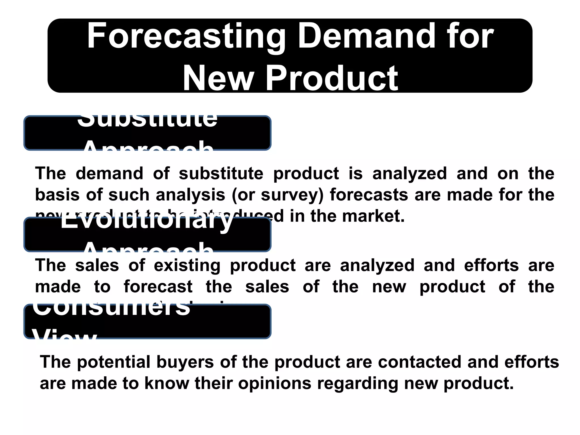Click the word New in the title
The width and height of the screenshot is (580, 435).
coord(218,78)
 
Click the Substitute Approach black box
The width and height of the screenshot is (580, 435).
coord(147,133)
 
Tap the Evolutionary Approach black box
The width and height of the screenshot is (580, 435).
coord(147,234)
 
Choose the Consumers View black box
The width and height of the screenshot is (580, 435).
coord(147,321)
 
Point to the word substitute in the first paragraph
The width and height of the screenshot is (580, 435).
coord(221,173)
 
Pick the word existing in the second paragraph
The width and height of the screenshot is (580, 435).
coord(187,266)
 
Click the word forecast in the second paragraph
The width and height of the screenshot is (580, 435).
coord(158,287)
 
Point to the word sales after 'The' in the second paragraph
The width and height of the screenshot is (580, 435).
coord(97,266)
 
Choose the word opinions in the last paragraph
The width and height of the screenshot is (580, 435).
coord(275,384)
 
